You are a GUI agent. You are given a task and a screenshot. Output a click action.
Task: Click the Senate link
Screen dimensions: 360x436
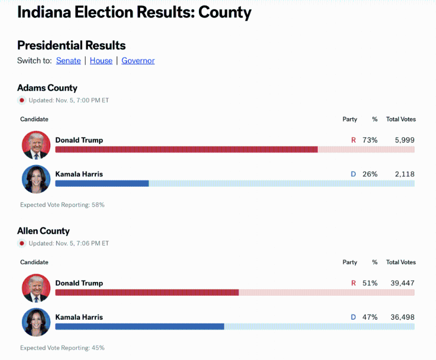68,61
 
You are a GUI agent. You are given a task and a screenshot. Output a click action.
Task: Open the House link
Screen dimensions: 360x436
101,61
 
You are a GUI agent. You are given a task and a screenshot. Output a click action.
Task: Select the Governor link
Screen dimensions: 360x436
138,61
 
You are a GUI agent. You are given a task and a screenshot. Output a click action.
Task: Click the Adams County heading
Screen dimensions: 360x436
47,88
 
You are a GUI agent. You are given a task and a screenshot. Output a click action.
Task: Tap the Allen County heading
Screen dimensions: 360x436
43,231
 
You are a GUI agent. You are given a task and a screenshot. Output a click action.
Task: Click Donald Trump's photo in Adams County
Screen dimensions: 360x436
36,145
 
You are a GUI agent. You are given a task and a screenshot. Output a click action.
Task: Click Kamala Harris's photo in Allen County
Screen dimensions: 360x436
36,322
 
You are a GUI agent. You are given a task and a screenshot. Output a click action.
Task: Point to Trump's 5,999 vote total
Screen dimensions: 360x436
404,140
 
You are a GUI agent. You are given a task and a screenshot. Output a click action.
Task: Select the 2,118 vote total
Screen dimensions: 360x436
404,174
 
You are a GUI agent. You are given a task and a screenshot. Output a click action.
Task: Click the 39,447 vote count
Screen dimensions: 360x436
402,283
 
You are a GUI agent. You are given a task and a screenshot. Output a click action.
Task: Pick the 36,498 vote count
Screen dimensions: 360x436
402,317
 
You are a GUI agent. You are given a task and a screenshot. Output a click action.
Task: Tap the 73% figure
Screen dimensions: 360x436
370,140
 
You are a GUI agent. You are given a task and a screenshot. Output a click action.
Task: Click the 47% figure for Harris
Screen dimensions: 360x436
370,317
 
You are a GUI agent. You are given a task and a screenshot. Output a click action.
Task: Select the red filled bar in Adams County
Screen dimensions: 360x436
186,149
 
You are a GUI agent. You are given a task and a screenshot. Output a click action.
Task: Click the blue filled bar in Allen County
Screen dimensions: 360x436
140,326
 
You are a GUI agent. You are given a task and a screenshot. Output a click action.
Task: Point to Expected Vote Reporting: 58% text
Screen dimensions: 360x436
62,205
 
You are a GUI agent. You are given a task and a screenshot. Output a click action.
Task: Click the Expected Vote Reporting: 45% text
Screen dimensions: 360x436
62,347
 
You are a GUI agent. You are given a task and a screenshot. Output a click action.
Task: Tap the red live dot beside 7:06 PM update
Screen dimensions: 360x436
22,243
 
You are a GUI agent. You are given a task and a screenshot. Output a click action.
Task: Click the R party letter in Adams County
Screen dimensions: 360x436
353,140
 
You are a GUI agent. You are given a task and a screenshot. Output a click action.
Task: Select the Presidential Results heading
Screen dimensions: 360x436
71,45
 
